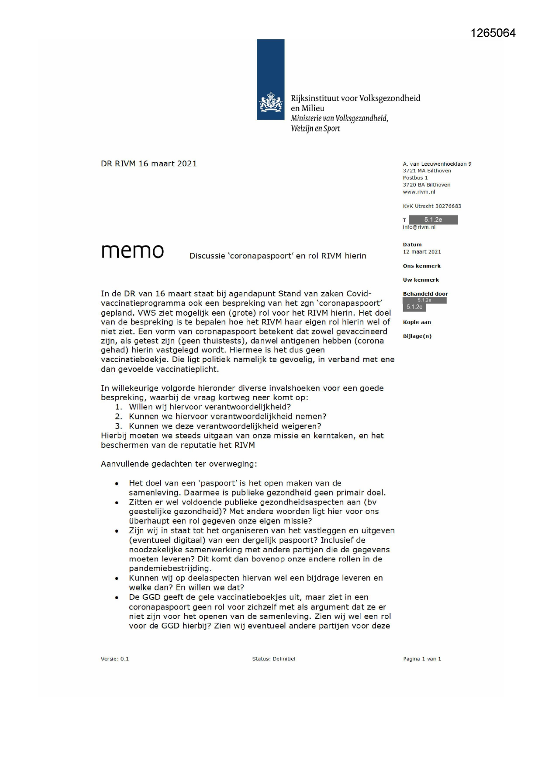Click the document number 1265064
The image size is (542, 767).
click(x=493, y=33)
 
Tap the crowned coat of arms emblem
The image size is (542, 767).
click(x=271, y=103)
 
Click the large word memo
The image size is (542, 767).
click(x=132, y=251)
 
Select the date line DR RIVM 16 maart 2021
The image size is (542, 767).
click(x=149, y=164)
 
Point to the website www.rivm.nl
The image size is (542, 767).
click(x=419, y=192)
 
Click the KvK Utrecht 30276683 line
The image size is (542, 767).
click(x=432, y=206)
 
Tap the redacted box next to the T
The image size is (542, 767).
click(x=433, y=220)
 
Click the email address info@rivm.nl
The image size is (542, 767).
click(x=419, y=227)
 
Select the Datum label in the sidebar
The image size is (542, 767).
click(x=412, y=245)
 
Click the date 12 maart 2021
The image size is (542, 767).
click(x=422, y=252)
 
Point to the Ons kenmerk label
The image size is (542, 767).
click(x=421, y=266)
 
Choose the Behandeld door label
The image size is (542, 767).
click(x=425, y=294)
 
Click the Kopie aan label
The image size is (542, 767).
click(x=417, y=322)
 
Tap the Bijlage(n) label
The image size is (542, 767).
click(x=417, y=336)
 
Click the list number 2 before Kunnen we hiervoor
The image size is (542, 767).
click(x=118, y=417)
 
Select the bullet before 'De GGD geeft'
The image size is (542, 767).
click(x=117, y=598)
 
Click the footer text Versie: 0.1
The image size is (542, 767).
click(x=115, y=659)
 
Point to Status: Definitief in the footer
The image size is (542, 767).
click(x=274, y=659)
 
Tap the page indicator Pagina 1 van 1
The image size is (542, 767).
click(x=422, y=659)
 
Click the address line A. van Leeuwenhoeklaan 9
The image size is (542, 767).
click(x=437, y=164)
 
